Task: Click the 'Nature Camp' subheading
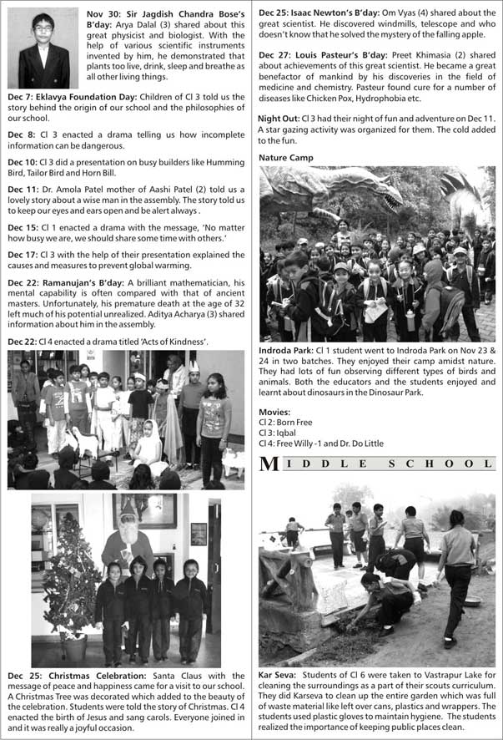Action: [x=286, y=157]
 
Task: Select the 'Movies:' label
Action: [x=274, y=413]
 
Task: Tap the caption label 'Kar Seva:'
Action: [x=278, y=674]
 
